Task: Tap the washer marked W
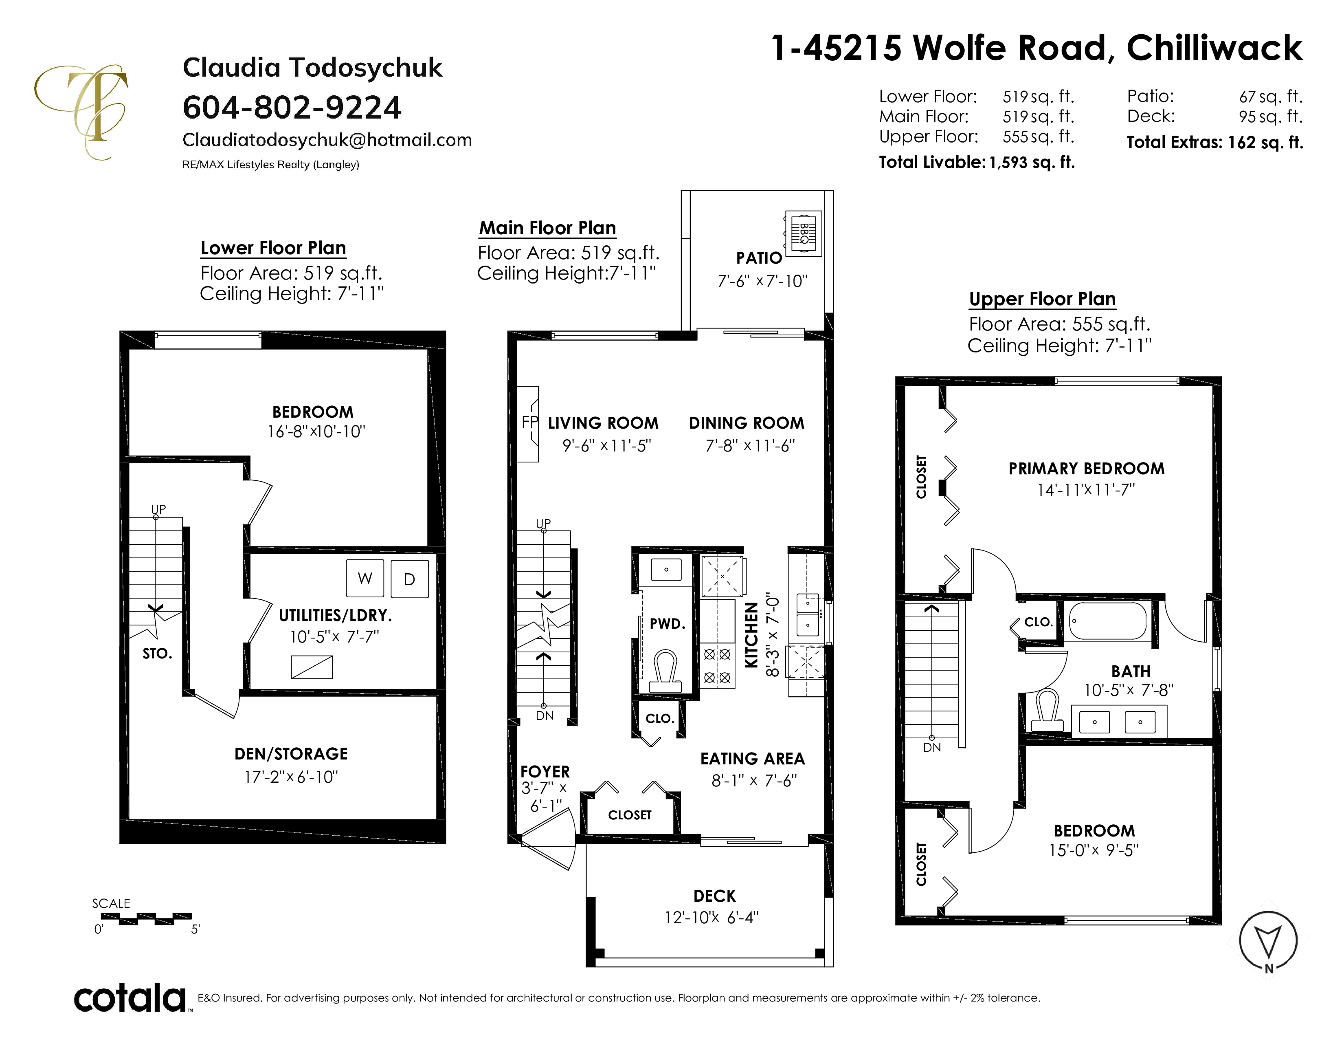coord(365,578)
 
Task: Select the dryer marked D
coord(409,579)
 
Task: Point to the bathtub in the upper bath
coord(1107,621)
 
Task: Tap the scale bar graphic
coord(146,919)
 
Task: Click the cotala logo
coord(130,998)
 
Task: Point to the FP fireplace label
coord(529,422)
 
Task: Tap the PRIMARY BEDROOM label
coord(1087,469)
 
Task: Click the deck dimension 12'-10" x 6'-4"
coord(712,917)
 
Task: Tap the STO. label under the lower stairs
coord(158,654)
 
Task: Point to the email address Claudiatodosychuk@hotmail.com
coord(327,140)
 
